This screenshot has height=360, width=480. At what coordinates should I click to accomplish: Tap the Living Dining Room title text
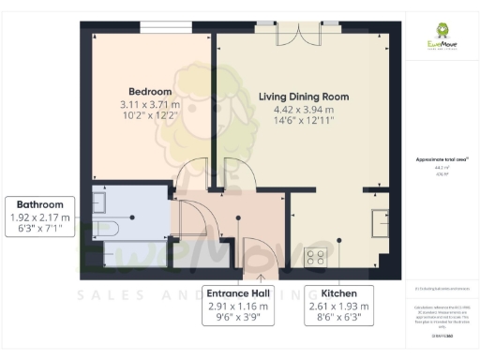point(303,97)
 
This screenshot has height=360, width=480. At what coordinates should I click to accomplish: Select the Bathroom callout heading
point(39,205)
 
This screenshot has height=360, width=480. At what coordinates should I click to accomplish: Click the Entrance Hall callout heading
point(237,293)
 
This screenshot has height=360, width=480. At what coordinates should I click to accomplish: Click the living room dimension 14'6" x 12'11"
point(303,121)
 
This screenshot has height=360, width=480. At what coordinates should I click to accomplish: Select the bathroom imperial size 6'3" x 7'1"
point(39,229)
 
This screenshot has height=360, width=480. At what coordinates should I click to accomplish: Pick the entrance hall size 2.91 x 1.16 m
point(237,306)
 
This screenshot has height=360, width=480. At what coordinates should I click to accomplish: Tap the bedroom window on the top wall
point(167,22)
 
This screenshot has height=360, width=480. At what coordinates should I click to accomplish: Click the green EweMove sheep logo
point(439,31)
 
